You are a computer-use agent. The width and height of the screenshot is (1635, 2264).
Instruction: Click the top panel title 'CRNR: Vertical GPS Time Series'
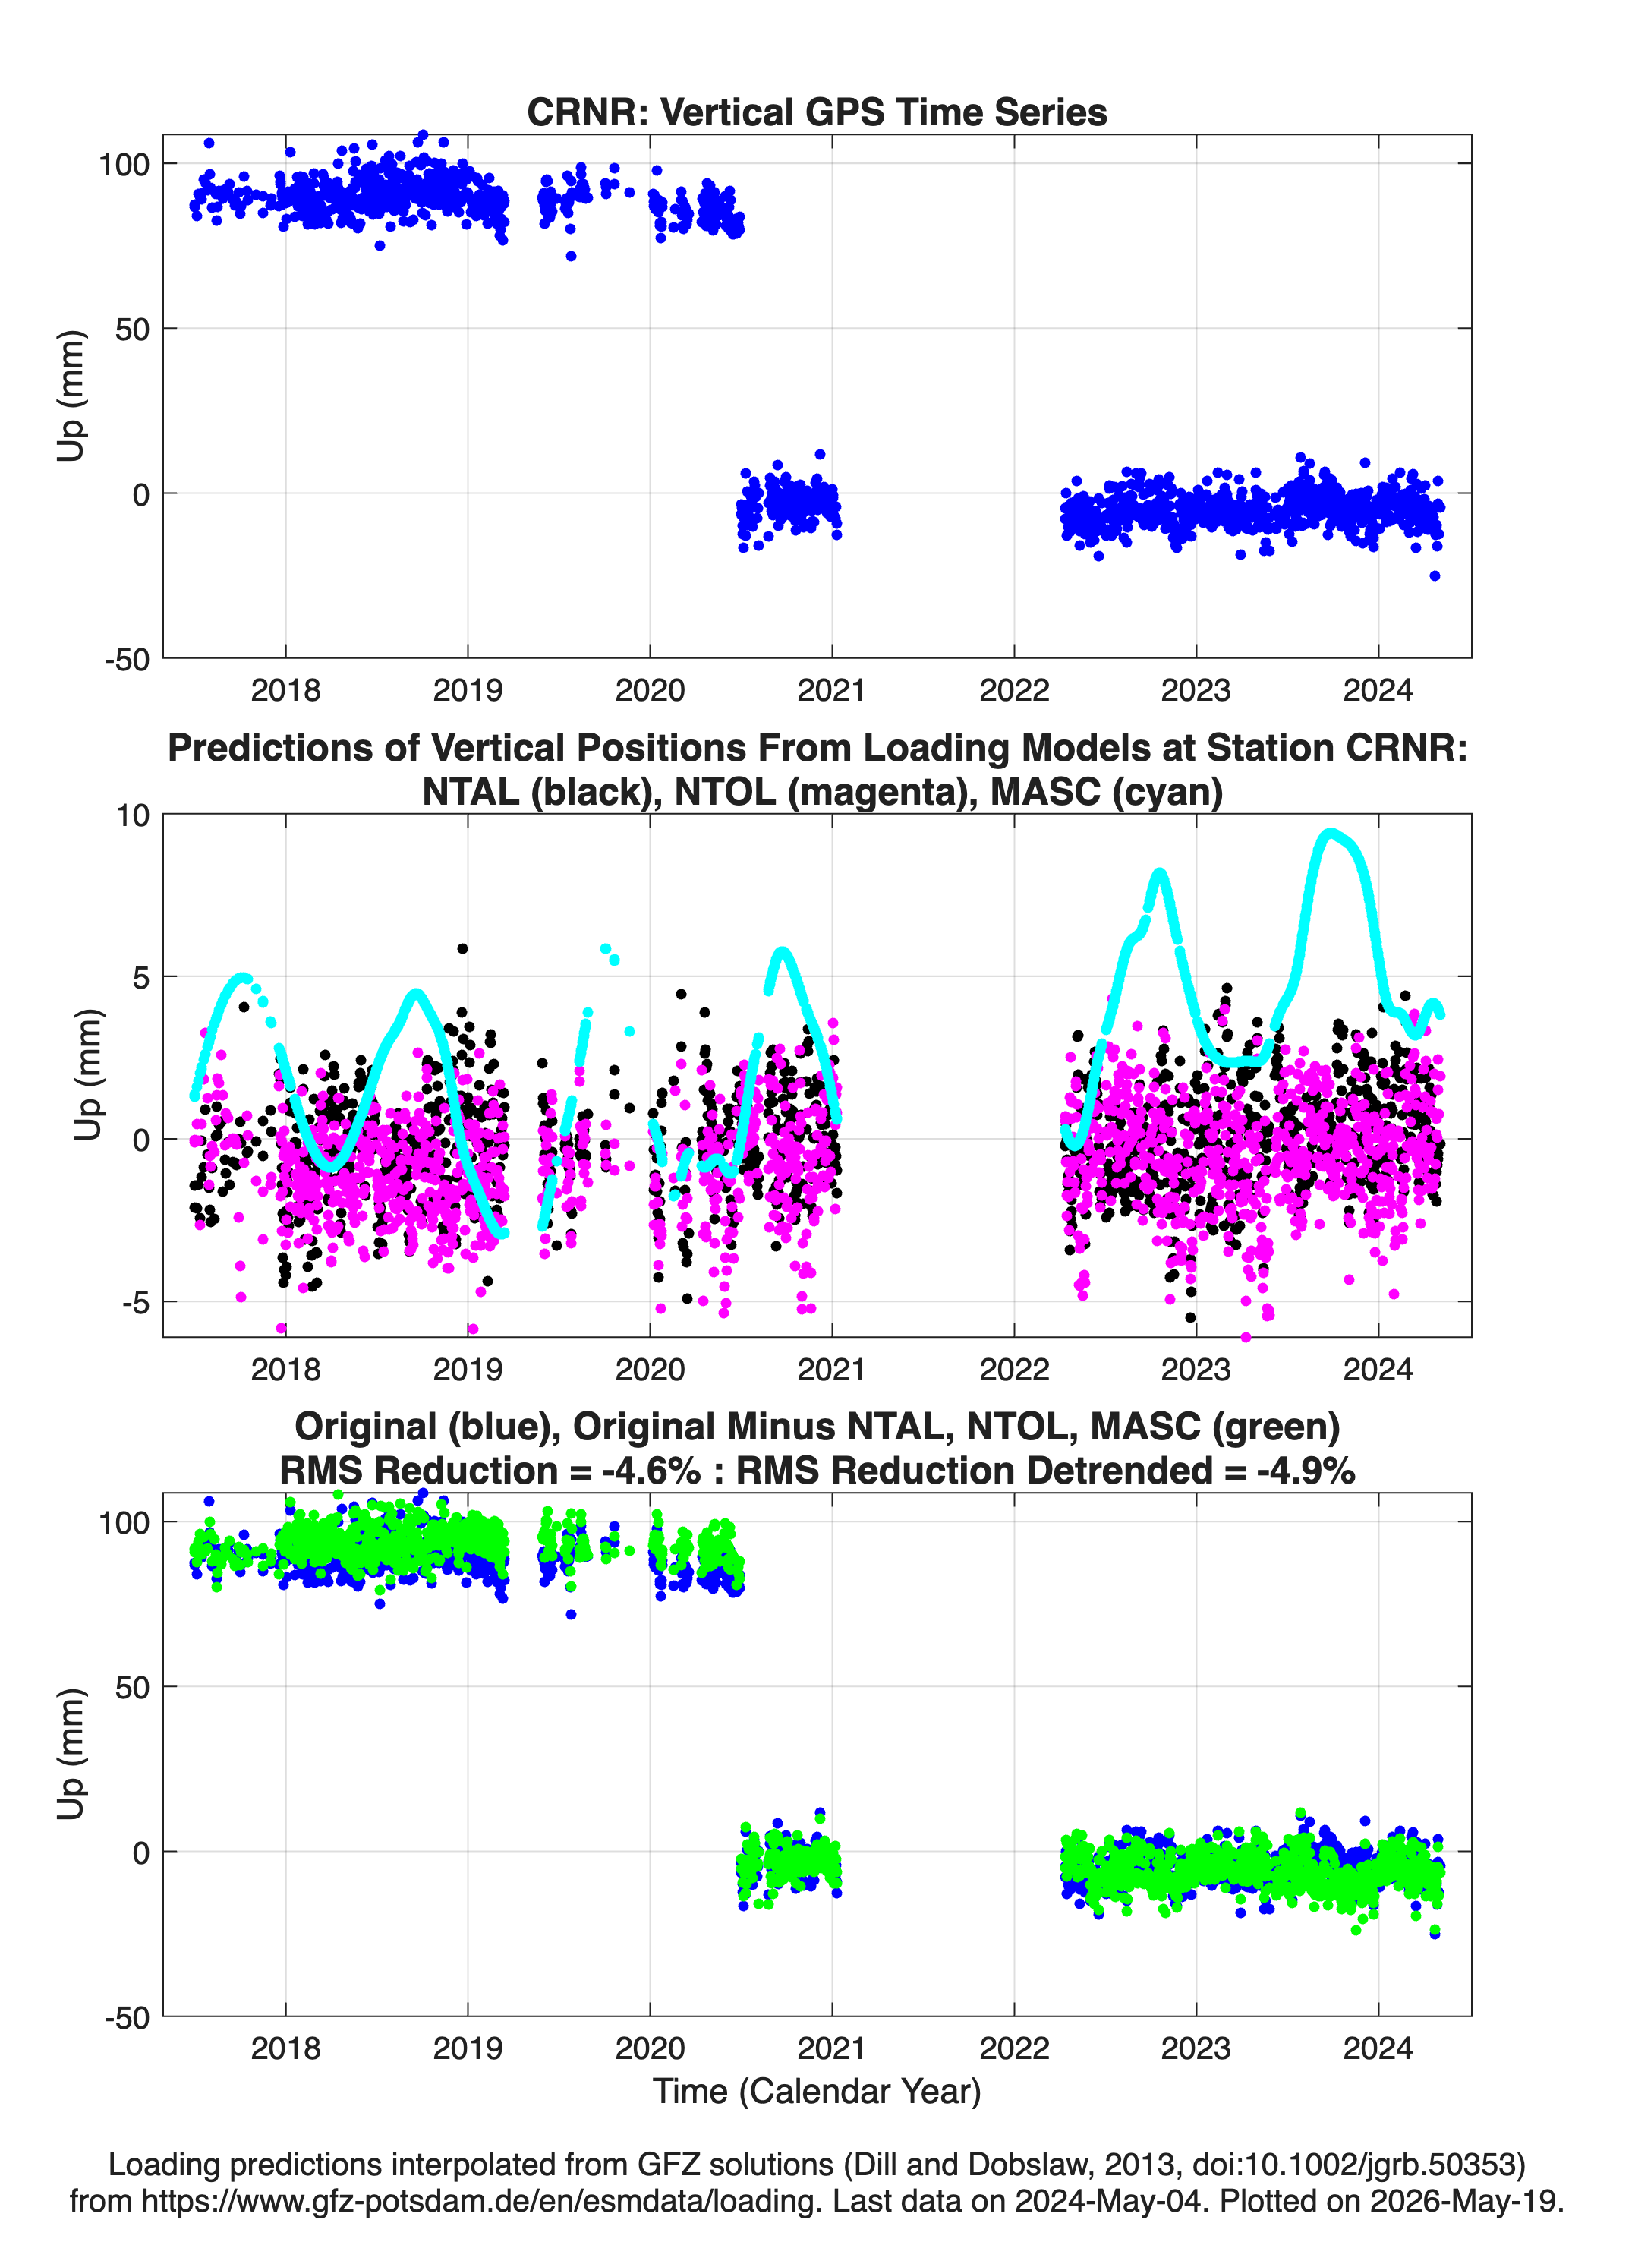817,112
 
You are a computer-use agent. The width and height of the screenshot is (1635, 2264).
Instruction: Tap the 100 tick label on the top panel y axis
123,165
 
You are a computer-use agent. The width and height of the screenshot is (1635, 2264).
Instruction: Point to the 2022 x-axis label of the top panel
1014,690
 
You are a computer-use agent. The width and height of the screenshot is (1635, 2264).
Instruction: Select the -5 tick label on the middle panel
136,1303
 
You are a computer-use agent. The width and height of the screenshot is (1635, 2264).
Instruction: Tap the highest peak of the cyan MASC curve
1330,833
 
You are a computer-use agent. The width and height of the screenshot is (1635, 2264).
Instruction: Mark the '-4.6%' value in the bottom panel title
651,1471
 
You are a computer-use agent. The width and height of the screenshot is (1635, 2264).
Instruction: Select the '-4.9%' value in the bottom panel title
1306,1471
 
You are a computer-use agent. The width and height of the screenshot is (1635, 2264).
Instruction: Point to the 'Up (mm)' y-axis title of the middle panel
88,1075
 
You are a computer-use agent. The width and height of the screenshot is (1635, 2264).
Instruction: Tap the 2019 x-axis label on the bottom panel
468,2048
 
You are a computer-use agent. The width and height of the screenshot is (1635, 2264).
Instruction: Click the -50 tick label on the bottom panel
127,2017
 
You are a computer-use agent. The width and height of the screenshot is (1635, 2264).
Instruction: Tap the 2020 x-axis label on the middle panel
650,1369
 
